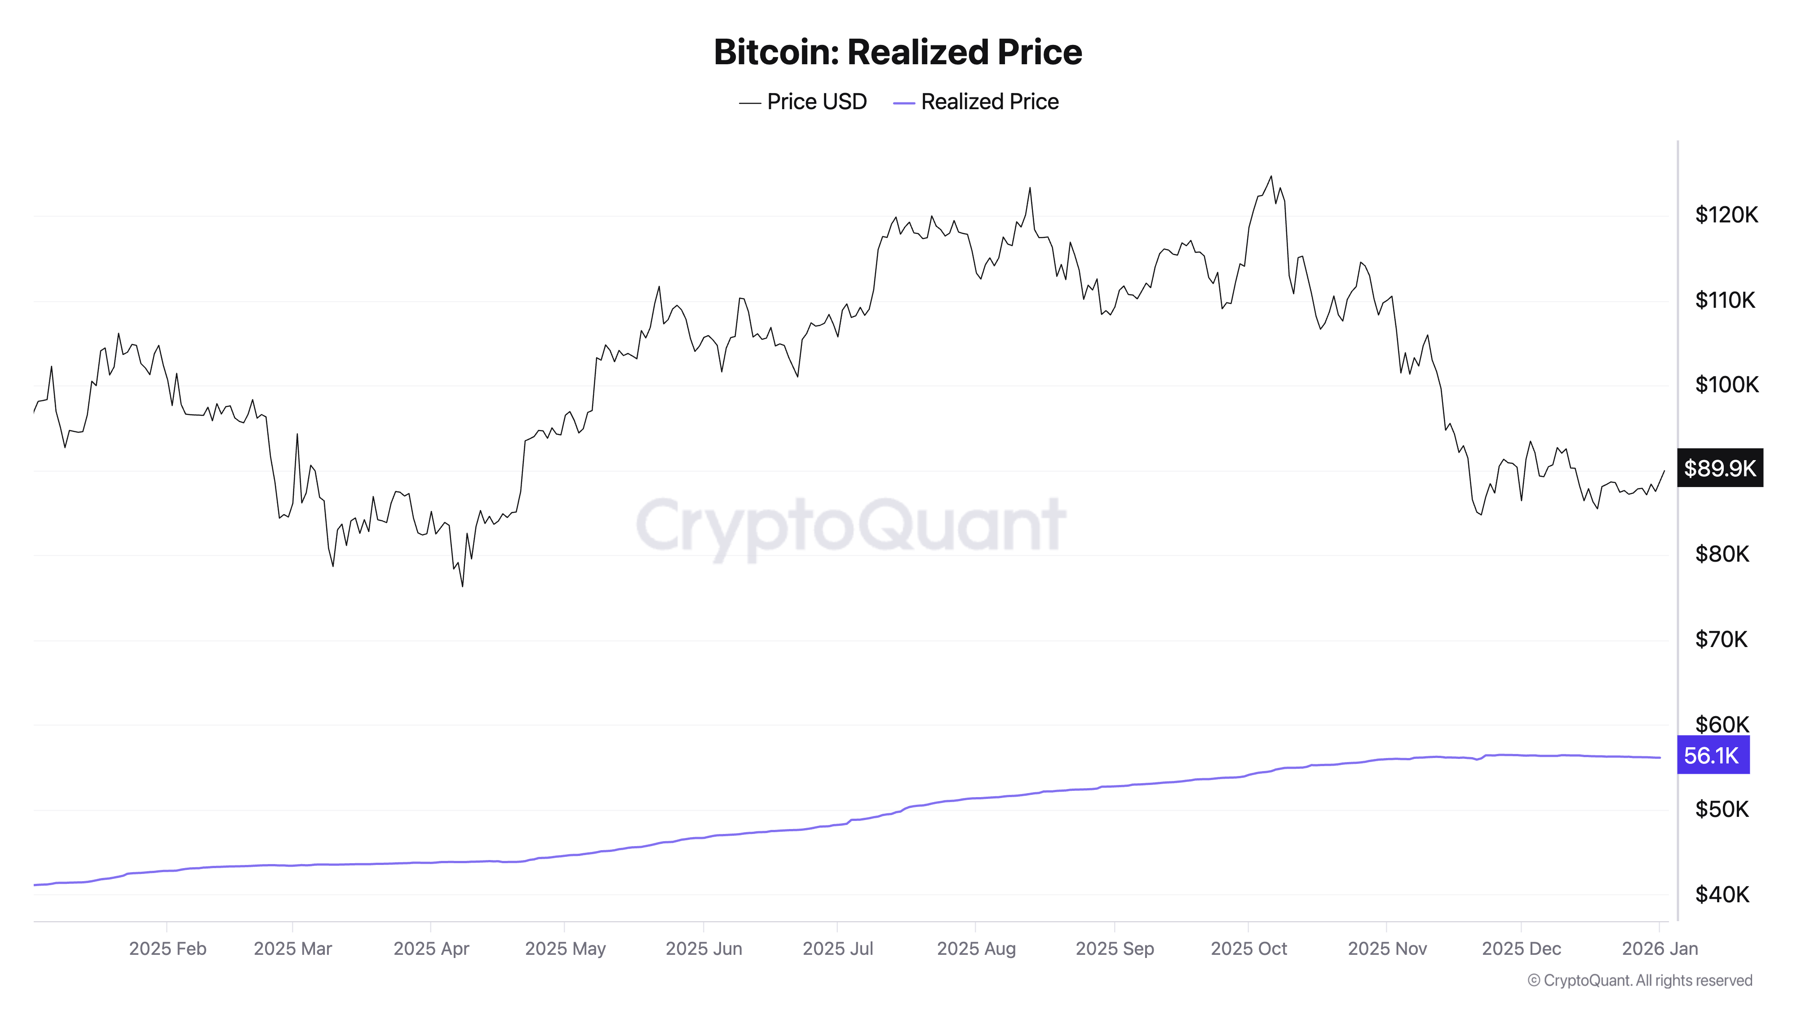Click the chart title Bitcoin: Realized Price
point(897,52)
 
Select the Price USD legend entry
point(802,102)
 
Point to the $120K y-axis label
point(1726,215)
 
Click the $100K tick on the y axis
point(1726,385)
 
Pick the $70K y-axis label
point(1721,639)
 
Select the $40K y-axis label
point(1722,895)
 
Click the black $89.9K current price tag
point(1720,468)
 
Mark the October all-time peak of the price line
point(1270,177)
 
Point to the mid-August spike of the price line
point(1030,188)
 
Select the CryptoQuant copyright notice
point(1639,980)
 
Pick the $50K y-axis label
point(1722,809)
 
